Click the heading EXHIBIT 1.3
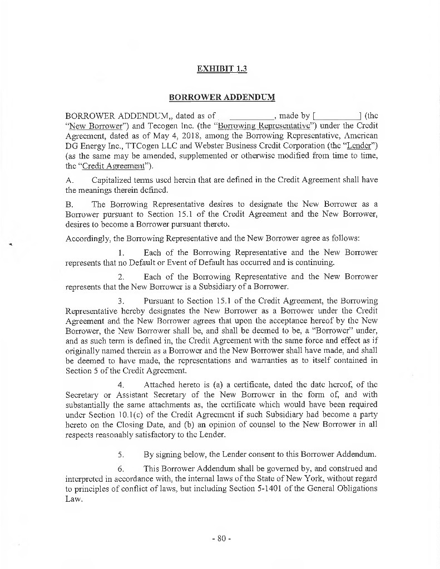click(221, 69)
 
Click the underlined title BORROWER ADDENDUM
click(221, 97)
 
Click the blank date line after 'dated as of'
click(251, 116)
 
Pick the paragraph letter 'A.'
click(70, 180)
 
